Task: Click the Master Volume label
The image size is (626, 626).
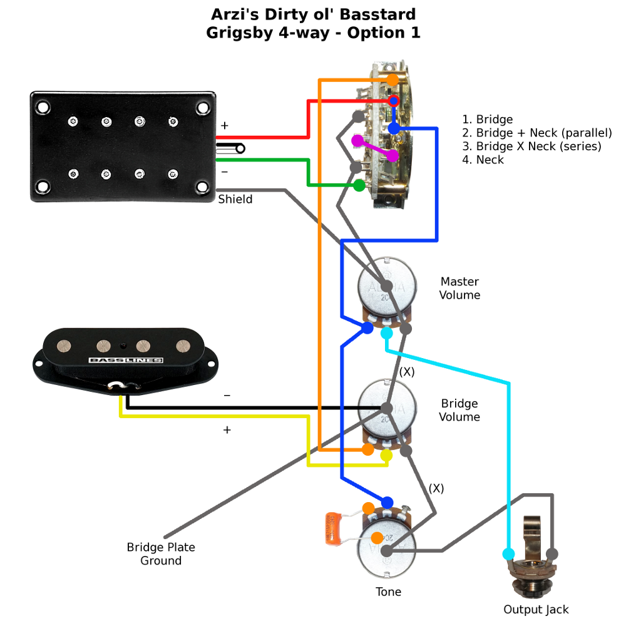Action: (459, 289)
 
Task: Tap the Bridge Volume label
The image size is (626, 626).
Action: (459, 411)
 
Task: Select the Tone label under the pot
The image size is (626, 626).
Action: (388, 592)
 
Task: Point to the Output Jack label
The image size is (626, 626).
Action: (536, 609)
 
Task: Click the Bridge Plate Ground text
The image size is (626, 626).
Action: (161, 554)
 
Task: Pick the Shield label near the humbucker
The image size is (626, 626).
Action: (235, 200)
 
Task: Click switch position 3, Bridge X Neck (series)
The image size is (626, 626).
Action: (531, 146)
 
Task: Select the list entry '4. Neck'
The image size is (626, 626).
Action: (483, 160)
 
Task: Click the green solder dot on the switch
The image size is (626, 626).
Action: (359, 185)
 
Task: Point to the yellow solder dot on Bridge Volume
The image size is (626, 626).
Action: (386, 456)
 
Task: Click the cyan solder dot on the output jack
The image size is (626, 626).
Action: (508, 554)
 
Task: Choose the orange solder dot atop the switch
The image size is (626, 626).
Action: (393, 80)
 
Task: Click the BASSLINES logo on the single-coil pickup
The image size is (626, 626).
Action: (126, 361)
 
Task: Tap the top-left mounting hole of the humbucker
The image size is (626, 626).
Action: (43, 108)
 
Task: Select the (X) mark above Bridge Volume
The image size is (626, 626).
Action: (408, 371)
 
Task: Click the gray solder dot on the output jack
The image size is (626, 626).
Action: (552, 554)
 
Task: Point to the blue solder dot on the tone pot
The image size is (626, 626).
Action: (387, 502)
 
